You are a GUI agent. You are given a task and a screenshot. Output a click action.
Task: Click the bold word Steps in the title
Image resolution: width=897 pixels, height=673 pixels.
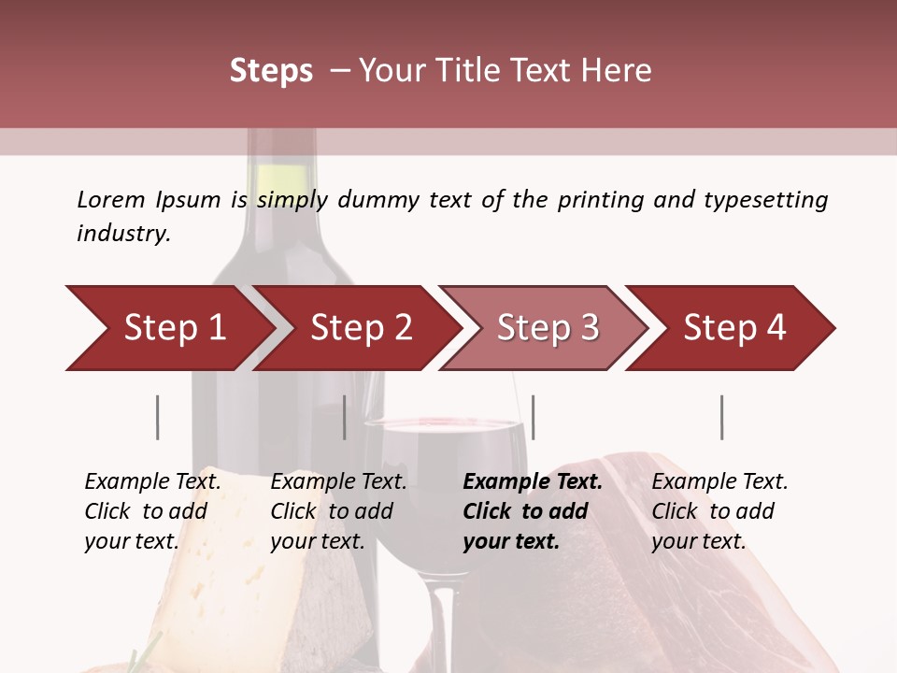point(271,70)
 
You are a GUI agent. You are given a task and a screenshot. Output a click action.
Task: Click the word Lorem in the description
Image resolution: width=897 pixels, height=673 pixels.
point(110,199)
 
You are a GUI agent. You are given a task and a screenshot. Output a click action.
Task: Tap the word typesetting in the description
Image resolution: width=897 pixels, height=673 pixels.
point(765,200)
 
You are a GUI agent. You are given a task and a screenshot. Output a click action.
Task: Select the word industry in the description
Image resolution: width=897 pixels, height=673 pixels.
point(122,233)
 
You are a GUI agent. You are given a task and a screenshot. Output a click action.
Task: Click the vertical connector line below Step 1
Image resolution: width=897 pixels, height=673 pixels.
point(158,417)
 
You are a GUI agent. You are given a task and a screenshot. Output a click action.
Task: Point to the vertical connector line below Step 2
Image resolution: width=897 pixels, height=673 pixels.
point(345,417)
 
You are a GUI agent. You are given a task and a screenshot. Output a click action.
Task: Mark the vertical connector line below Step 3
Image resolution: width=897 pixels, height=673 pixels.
point(534,417)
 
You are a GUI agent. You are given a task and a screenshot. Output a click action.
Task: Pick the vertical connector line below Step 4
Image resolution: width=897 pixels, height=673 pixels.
point(722,417)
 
